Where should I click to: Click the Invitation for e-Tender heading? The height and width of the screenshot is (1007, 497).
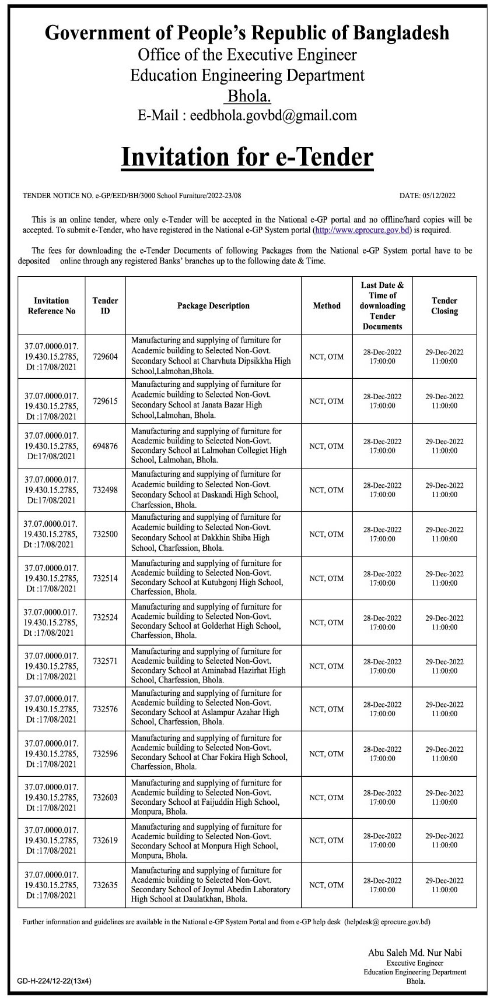pyautogui.click(x=247, y=157)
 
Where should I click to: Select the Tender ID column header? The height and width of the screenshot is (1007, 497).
pyautogui.click(x=105, y=305)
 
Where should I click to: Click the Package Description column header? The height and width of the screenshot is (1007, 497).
pyautogui.click(x=213, y=305)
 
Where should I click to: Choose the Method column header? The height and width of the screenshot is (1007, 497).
pyautogui.click(x=327, y=305)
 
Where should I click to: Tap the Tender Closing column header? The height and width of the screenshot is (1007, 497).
pyautogui.click(x=444, y=305)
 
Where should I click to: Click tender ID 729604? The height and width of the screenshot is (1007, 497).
pyautogui.click(x=105, y=357)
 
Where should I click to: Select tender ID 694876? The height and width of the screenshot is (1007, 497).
pyautogui.click(x=105, y=446)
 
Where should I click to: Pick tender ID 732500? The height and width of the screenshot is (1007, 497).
pyautogui.click(x=105, y=534)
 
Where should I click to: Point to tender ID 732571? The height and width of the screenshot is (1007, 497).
pyautogui.click(x=105, y=661)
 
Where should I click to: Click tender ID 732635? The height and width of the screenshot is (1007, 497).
pyautogui.click(x=105, y=885)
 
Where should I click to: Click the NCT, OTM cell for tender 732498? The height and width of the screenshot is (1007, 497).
pyautogui.click(x=327, y=490)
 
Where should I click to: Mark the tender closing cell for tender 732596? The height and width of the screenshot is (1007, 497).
pyautogui.click(x=444, y=754)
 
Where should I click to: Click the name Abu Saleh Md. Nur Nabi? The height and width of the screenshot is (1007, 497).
pyautogui.click(x=415, y=953)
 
